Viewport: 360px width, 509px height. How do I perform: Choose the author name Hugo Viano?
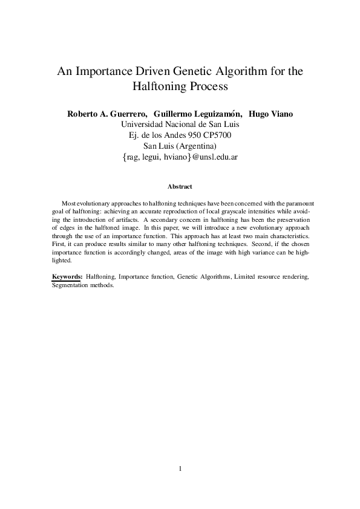270,114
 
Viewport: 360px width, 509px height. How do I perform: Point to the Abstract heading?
180,187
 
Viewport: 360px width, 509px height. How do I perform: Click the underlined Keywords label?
67,276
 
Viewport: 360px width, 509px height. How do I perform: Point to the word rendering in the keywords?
294,276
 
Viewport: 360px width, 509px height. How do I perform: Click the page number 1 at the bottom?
180,468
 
